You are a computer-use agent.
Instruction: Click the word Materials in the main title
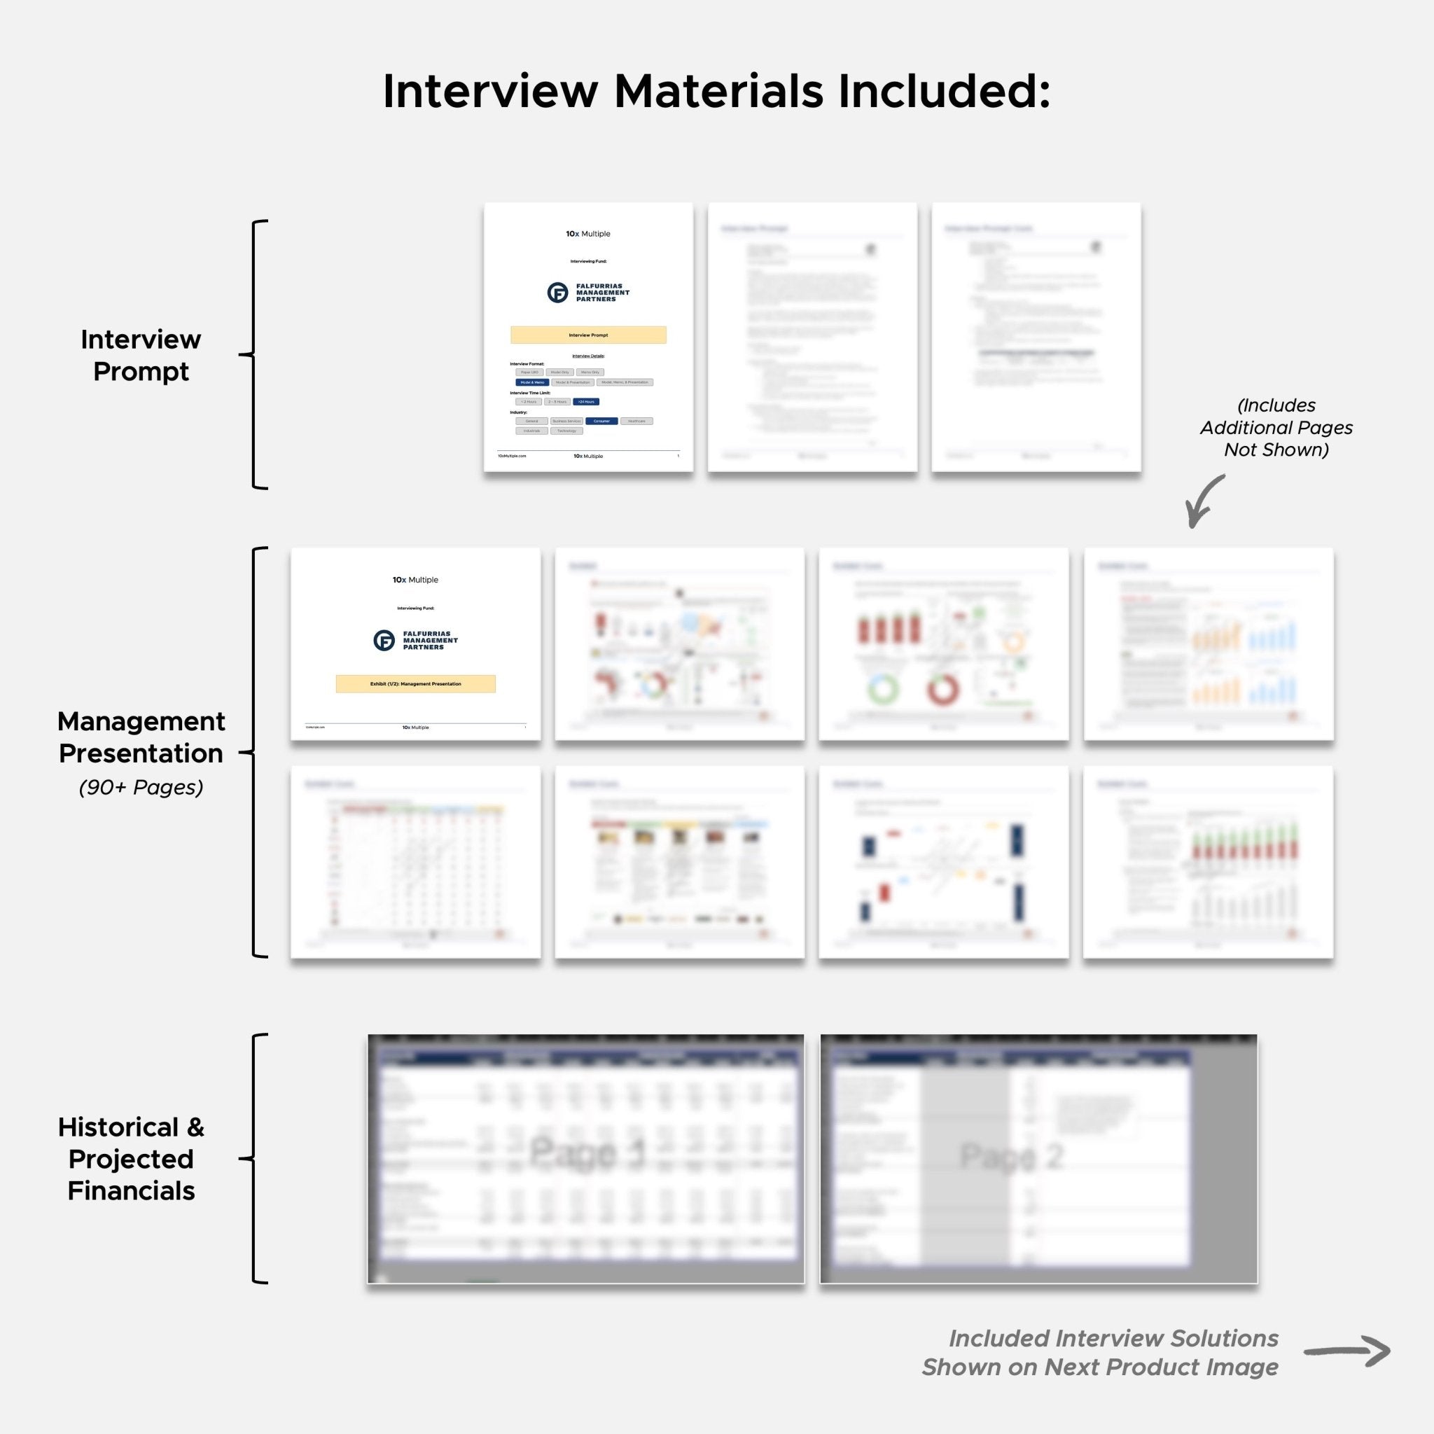(718, 91)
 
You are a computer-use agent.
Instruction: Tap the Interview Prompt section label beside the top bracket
(140, 355)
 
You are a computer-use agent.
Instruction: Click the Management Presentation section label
(141, 737)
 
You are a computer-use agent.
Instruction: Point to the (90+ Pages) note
(141, 787)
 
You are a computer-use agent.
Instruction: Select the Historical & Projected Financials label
(132, 1159)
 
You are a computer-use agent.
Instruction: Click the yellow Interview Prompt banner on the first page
(588, 335)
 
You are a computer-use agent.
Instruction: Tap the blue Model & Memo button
(532, 382)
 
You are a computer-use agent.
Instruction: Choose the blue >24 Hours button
(586, 401)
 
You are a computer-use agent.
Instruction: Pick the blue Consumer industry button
(601, 421)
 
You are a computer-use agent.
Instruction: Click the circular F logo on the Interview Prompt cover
(557, 293)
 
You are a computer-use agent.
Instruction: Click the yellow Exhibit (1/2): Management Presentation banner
(416, 683)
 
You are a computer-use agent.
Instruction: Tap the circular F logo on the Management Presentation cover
(384, 641)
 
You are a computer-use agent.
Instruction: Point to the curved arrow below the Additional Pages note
(1202, 501)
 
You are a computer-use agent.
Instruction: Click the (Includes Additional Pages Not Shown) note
(1276, 427)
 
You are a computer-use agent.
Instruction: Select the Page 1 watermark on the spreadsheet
(587, 1153)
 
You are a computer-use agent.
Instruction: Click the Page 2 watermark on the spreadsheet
(1012, 1155)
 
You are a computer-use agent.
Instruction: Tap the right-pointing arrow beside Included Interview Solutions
(1346, 1351)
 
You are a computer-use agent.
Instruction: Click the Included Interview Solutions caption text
(1100, 1352)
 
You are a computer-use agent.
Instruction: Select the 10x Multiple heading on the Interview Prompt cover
(588, 234)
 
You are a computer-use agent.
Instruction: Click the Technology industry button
(566, 431)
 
